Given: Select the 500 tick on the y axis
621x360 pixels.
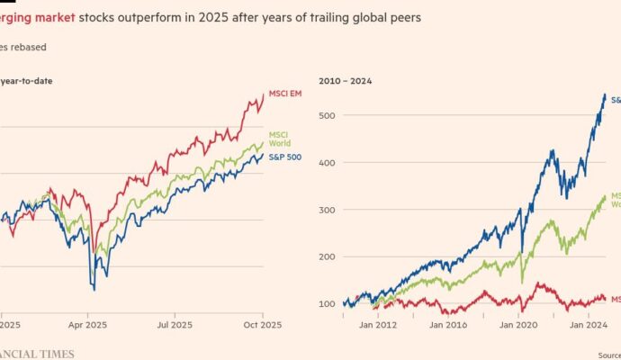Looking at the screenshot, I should pyautogui.click(x=328, y=116).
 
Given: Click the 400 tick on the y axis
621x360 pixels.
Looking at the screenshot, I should pyautogui.click(x=328, y=163).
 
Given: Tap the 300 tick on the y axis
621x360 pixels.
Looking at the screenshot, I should pyautogui.click(x=328, y=210).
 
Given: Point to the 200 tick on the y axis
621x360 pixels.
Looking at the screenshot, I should pyautogui.click(x=328, y=256).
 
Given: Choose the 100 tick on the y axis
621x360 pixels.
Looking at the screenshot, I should pyautogui.click(x=328, y=303).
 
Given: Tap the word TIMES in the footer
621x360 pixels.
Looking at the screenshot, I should pyautogui.click(x=56, y=354).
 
